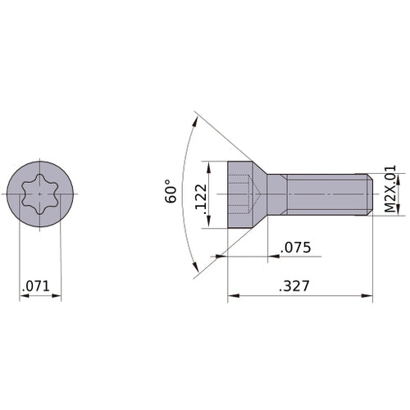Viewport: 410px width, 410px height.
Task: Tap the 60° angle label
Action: point(171,191)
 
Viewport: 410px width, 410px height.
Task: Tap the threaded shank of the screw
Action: point(328,194)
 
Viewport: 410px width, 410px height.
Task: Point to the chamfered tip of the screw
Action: point(368,194)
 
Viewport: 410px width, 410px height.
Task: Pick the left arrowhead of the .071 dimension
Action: point(22,296)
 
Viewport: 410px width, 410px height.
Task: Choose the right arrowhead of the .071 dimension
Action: point(58,296)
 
